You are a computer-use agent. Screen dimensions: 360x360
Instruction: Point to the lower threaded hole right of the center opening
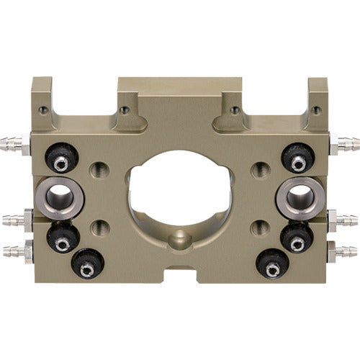(259, 228)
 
